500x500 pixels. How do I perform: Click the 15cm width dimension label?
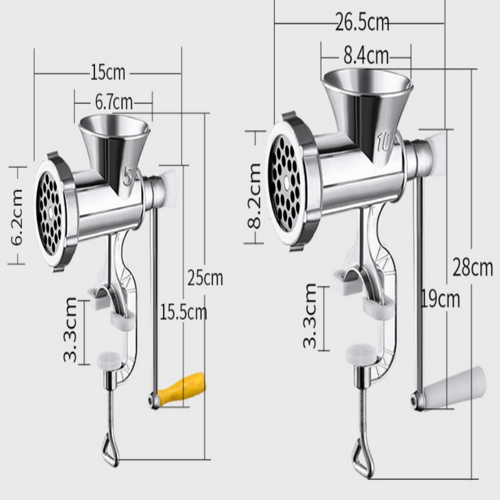point(107,72)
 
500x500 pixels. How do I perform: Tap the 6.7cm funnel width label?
point(114,102)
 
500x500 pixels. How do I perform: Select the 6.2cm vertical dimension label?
point(17,217)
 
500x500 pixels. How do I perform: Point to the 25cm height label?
point(205,277)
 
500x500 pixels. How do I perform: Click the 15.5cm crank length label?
point(183,312)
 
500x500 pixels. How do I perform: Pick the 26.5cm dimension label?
point(362,22)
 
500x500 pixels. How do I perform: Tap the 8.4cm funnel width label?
point(366,56)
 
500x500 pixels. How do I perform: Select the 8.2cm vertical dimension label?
point(254,196)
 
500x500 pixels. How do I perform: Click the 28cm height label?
point(473,267)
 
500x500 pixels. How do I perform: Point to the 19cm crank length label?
point(441,299)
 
